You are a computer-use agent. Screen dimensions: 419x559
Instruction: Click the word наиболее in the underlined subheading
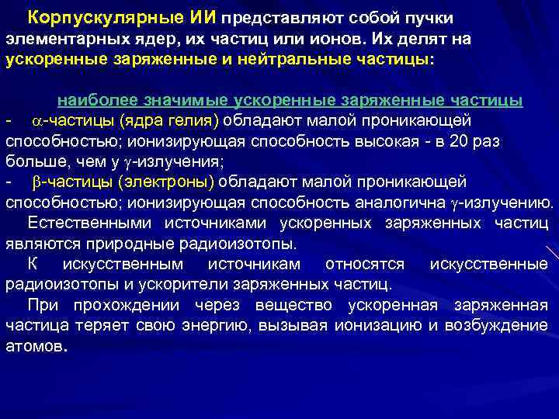point(91,101)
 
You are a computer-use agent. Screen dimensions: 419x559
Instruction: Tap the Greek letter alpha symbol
point(36,122)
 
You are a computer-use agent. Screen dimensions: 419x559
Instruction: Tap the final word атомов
point(35,346)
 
